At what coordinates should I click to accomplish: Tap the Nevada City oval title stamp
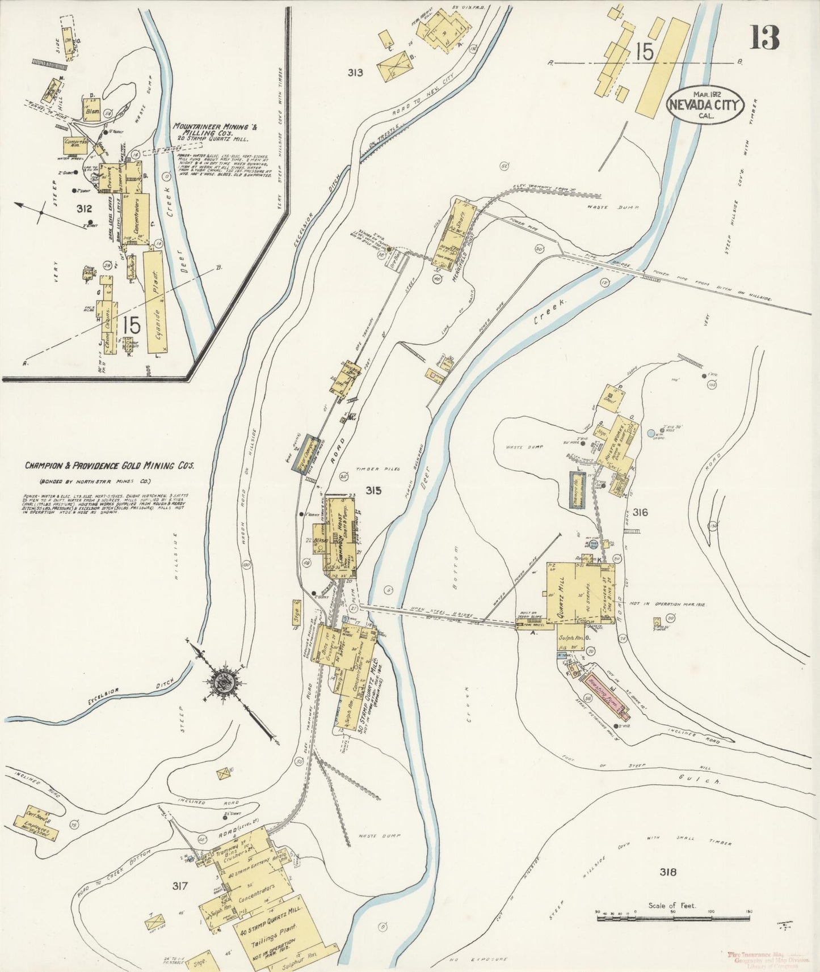tap(705, 104)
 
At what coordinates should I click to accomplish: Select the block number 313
tap(356, 73)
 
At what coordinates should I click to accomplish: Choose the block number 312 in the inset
tap(84, 209)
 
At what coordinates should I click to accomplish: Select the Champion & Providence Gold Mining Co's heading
tap(110, 466)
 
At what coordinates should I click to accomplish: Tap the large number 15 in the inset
tap(131, 326)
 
